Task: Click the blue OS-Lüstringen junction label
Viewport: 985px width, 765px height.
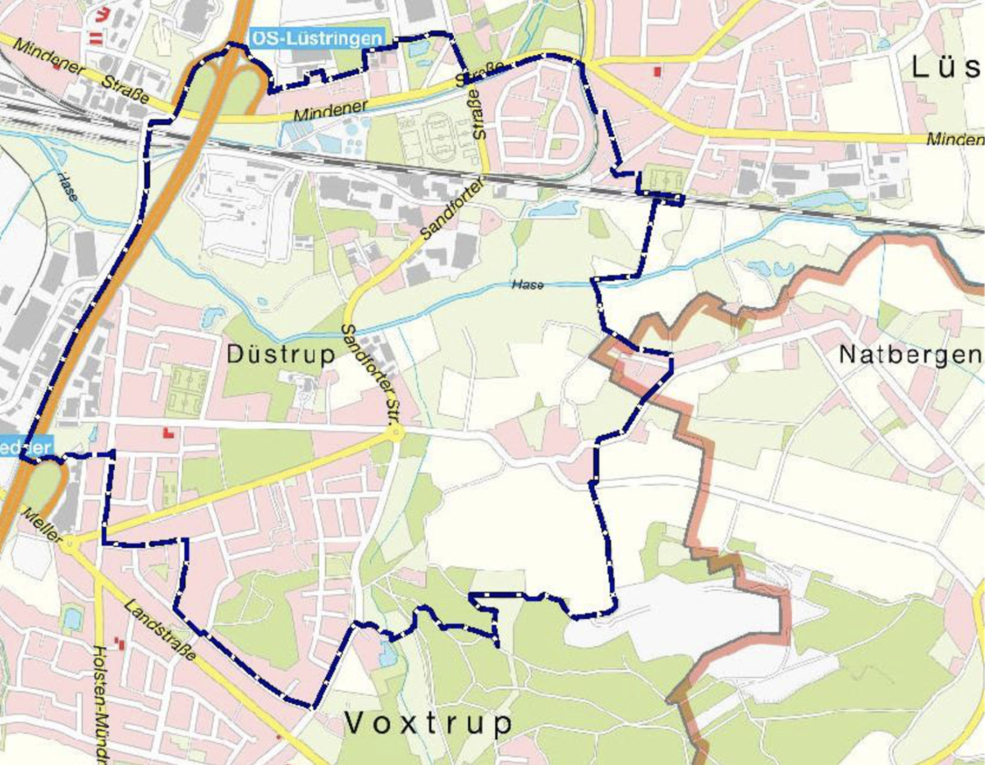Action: coord(316,38)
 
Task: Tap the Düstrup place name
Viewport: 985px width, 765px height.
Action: coord(280,355)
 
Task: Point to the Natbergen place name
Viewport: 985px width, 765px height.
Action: coord(910,355)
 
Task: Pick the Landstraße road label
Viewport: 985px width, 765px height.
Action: coord(160,630)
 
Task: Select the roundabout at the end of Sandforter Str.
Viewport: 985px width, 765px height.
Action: coord(396,433)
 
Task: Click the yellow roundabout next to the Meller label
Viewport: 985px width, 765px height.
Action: coord(71,543)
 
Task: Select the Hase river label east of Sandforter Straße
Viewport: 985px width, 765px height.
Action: coord(527,284)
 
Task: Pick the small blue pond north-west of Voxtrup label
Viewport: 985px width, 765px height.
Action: coord(387,654)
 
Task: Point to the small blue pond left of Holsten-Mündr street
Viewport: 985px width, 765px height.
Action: coord(72,617)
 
